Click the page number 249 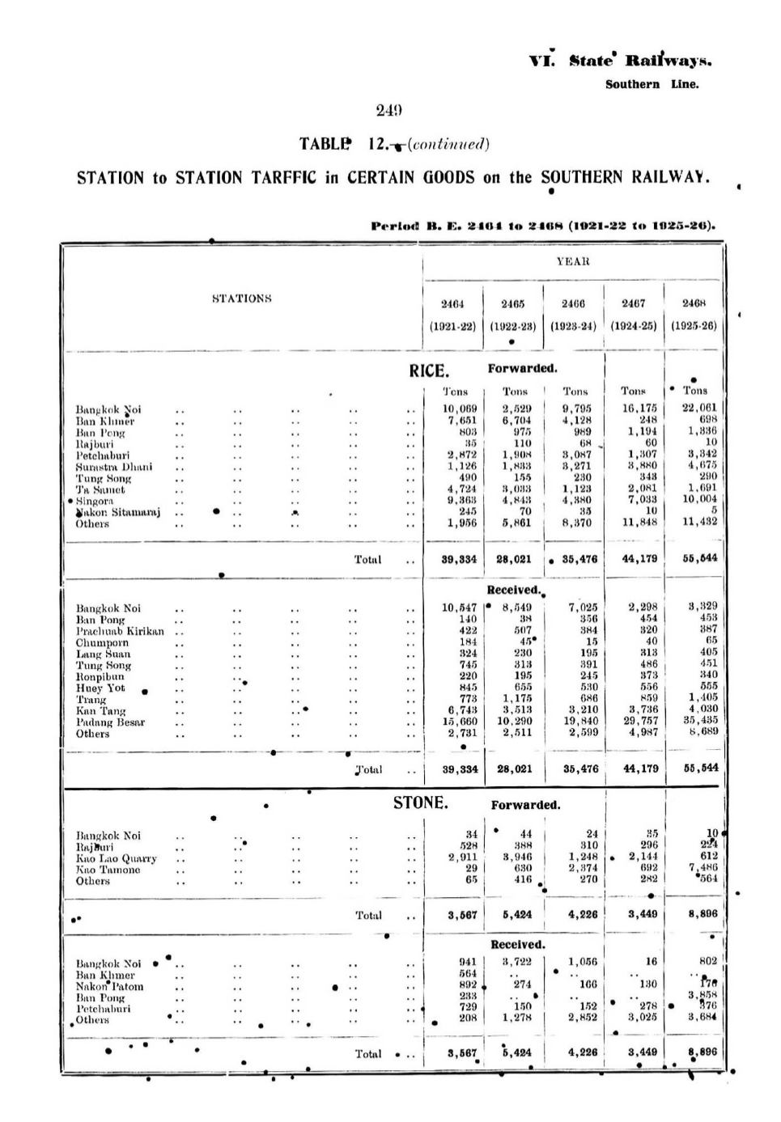point(389,111)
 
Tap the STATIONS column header point(241,298)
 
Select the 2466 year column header point(573,304)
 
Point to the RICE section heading point(428,371)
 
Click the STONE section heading point(420,803)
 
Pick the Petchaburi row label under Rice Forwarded point(103,455)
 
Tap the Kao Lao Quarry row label point(117,858)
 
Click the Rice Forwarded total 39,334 point(460,560)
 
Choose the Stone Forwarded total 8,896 point(701,914)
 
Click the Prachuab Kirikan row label point(120,631)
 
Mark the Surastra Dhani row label point(114,467)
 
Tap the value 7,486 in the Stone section point(702,869)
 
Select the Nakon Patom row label point(110,986)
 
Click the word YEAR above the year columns point(573,261)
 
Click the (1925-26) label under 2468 point(694,327)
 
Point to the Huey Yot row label point(100,688)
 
